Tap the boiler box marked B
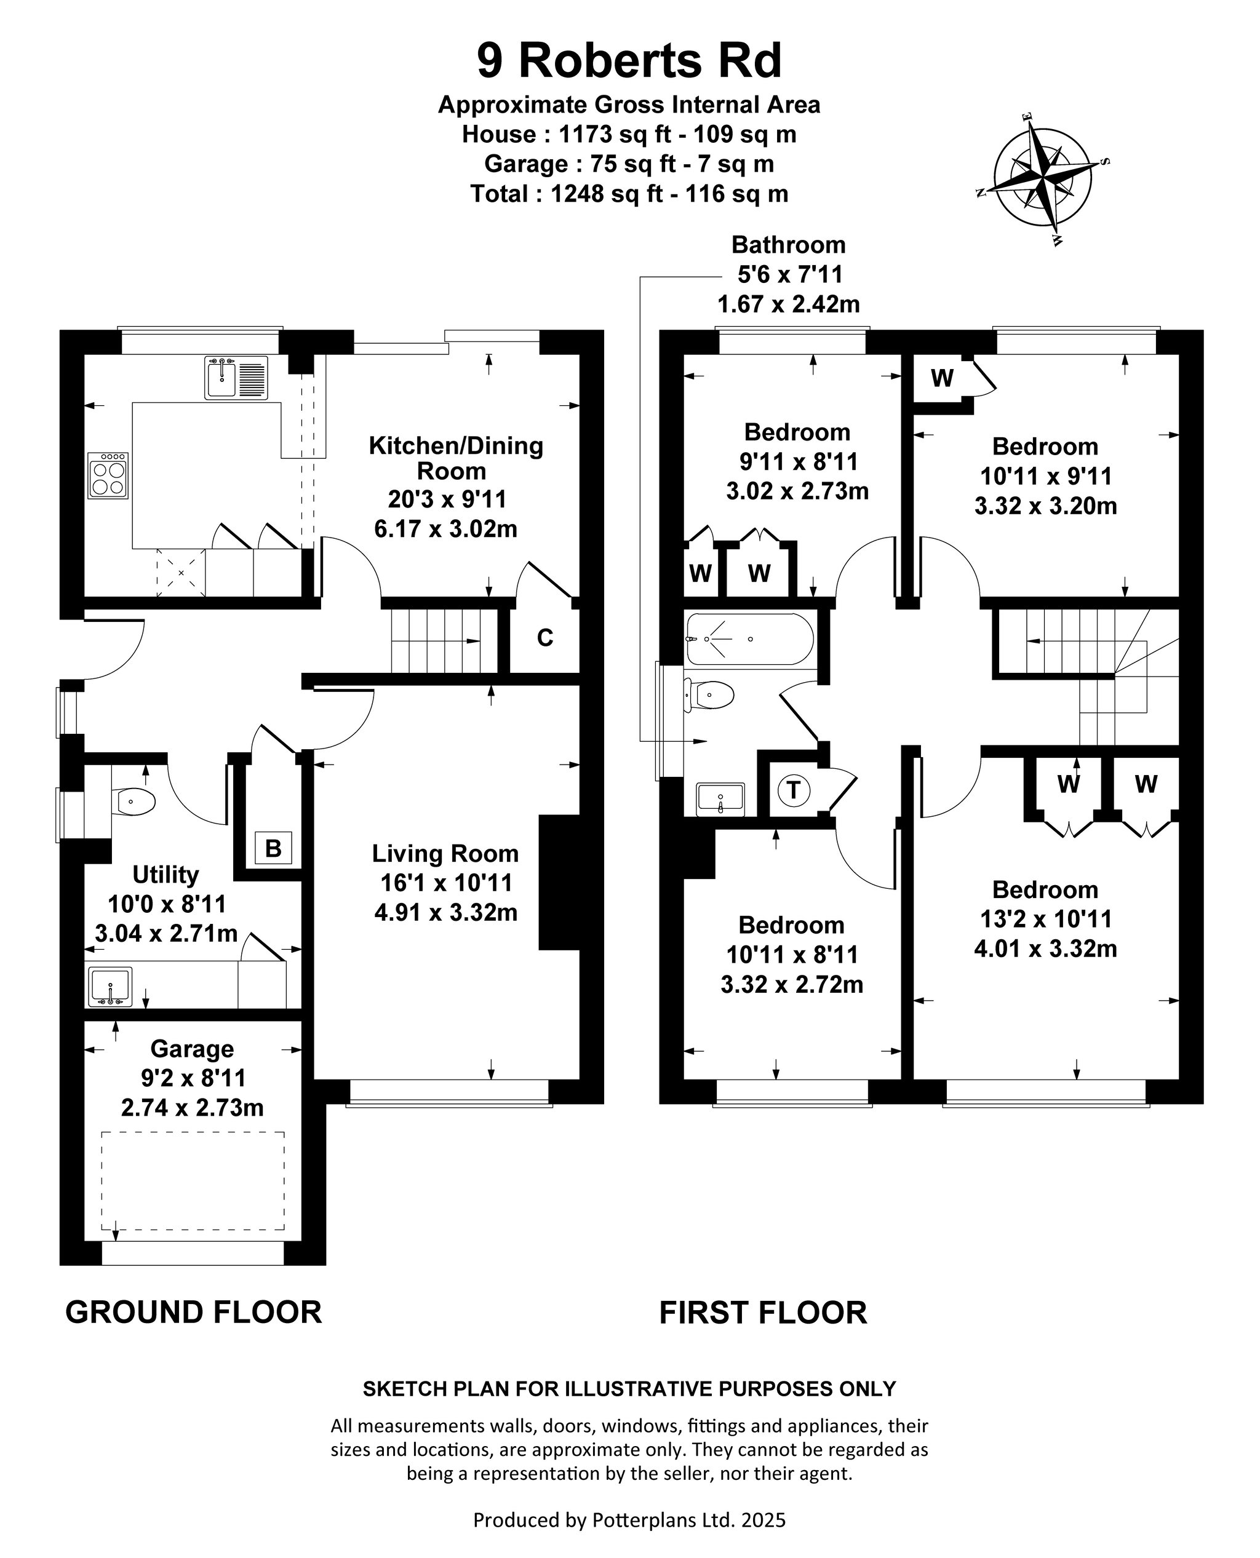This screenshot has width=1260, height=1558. (273, 848)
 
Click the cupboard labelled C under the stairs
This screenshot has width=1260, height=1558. (545, 638)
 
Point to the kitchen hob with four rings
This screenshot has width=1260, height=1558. (108, 475)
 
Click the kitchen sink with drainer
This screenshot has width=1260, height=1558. (236, 377)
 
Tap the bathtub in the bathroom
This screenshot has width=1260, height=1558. (751, 639)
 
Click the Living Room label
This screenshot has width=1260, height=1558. (445, 853)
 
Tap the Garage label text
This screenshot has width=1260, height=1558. (193, 1049)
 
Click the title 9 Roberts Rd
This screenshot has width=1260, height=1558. (629, 60)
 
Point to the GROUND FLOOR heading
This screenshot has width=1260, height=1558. (194, 1313)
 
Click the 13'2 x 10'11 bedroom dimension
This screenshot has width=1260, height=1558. (1046, 920)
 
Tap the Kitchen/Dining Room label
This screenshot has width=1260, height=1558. (456, 458)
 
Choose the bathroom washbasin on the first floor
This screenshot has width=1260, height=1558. (720, 800)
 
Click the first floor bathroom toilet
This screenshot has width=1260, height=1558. (709, 695)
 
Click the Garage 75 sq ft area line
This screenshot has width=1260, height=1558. (629, 164)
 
